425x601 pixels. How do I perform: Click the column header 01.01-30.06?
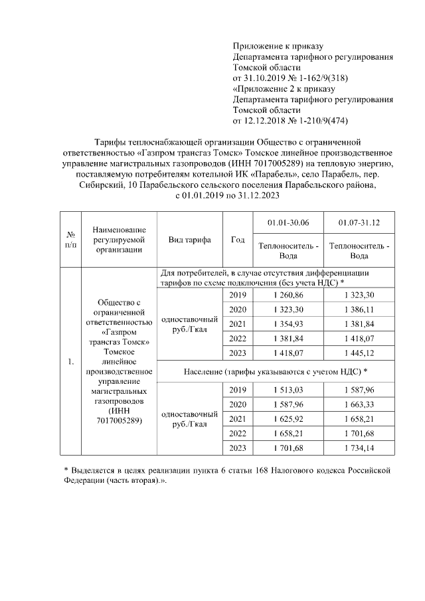(288, 221)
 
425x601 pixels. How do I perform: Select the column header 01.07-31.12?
(359, 221)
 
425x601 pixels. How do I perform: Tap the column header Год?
(237, 240)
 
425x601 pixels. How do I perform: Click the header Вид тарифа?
(189, 240)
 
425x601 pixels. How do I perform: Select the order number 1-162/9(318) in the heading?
(319, 78)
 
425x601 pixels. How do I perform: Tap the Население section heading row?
(276, 370)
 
